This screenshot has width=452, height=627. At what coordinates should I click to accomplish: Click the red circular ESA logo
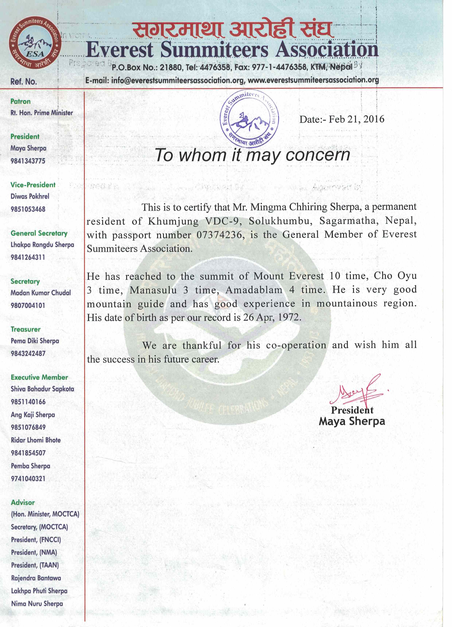coord(35,43)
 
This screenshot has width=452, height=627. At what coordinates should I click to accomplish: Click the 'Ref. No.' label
coord(24,82)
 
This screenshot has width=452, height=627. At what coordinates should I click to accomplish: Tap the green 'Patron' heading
coord(20,101)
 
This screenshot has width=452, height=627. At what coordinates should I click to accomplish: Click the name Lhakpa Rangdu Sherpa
coord(42,245)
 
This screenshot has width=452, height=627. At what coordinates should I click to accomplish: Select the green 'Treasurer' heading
coord(25,329)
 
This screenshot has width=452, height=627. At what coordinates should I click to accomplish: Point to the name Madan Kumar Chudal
coord(41,293)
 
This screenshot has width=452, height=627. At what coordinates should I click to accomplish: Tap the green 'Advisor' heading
coord(23,503)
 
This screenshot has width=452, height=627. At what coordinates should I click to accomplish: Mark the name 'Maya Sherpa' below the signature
coord(352,421)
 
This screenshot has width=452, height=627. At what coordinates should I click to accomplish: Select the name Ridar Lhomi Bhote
coord(36,440)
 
